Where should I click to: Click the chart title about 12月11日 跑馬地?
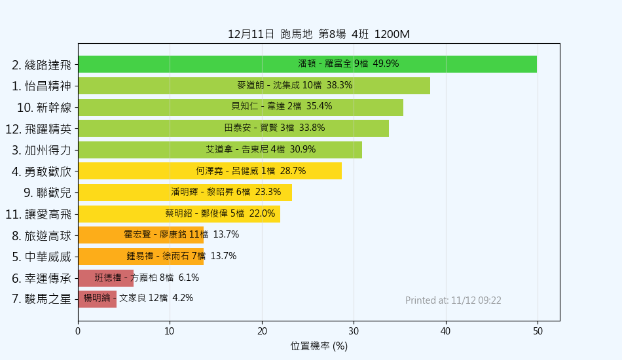click(318, 34)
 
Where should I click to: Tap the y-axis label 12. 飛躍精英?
click(38, 129)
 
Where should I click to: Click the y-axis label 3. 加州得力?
click(41, 151)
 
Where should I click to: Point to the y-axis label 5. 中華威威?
click(41, 257)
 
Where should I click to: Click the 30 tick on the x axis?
click(354, 331)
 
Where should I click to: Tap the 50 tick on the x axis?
click(538, 331)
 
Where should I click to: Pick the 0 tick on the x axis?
click(78, 331)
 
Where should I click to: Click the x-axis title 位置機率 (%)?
click(319, 346)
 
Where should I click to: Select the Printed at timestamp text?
click(453, 300)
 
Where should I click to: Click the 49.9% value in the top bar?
click(386, 64)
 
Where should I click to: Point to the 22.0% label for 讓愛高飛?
click(262, 213)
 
